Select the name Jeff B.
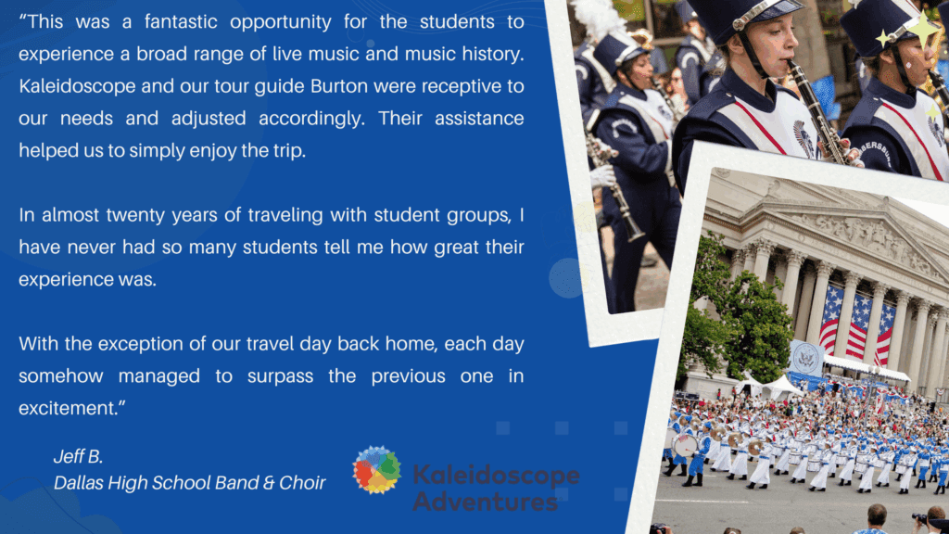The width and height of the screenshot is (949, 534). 78,456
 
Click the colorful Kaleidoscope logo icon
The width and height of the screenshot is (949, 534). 376,470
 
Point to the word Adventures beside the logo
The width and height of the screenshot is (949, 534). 486,502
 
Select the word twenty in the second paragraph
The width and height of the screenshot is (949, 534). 135,215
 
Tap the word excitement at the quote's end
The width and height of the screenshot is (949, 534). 68,409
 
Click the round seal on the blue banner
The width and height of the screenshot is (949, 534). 805,359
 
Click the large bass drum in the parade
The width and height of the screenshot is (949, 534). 685,446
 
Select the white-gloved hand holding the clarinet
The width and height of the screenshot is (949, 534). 602,176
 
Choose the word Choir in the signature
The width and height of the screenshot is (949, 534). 303,482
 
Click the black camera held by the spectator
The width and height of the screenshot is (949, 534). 919,519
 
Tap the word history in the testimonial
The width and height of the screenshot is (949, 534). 491,55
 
